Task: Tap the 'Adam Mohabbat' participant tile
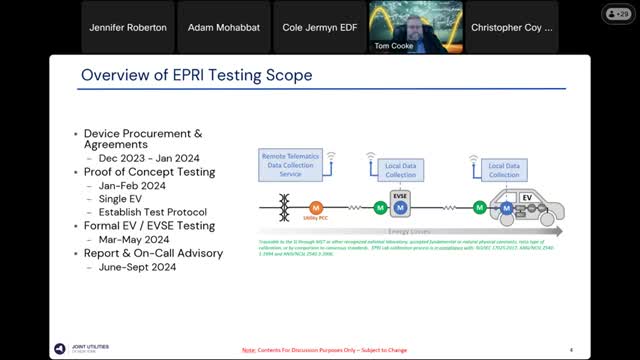pos(223,28)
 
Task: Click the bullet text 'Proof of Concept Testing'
pos(154,172)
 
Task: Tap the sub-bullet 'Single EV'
pos(123,198)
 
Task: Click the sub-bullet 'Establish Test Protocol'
pos(153,212)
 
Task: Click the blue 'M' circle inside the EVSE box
pos(400,208)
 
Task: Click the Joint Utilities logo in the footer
pos(76,347)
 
